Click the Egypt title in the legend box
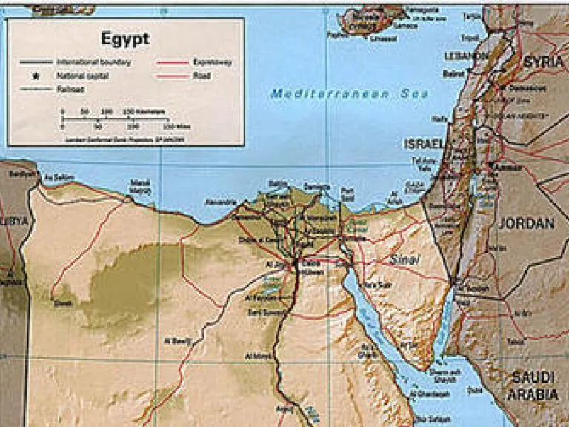[125, 38]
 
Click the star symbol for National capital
[36, 76]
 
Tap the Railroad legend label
[70, 89]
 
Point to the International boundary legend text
[93, 62]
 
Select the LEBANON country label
[462, 56]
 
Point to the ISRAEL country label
[425, 143]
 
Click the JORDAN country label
[526, 222]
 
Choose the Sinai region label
[405, 259]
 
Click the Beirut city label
[453, 73]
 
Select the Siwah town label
[63, 302]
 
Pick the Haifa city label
[440, 119]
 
